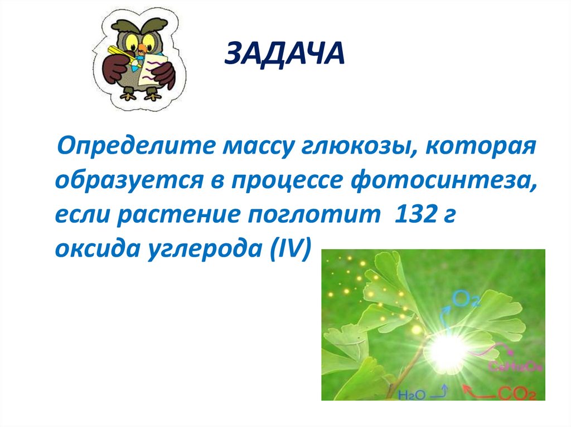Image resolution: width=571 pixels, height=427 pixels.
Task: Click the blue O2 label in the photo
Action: (x=466, y=299)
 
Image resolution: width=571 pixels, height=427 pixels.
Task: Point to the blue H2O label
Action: (x=413, y=394)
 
